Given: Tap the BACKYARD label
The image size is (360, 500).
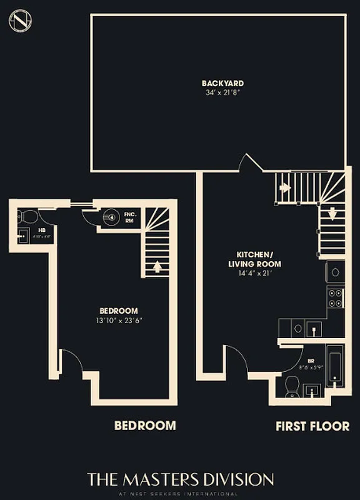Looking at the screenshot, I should tap(222, 83).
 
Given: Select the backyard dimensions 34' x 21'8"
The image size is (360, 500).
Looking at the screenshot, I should tap(222, 93).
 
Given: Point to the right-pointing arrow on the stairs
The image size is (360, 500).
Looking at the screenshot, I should tap(285, 187).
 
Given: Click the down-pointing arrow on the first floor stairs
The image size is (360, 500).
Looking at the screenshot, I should tap(332, 213).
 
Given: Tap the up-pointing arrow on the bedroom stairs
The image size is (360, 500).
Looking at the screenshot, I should tap(157, 266).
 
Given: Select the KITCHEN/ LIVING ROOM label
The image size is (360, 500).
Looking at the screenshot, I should tap(254, 259).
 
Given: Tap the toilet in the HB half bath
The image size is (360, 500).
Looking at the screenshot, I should tap(27, 216).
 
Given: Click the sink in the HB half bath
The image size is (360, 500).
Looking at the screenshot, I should tap(24, 236).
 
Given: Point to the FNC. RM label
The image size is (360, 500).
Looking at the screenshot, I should tap(131, 217).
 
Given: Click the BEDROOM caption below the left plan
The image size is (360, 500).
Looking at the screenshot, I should tap(145, 426).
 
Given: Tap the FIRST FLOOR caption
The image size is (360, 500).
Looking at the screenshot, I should tap(312, 426).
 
